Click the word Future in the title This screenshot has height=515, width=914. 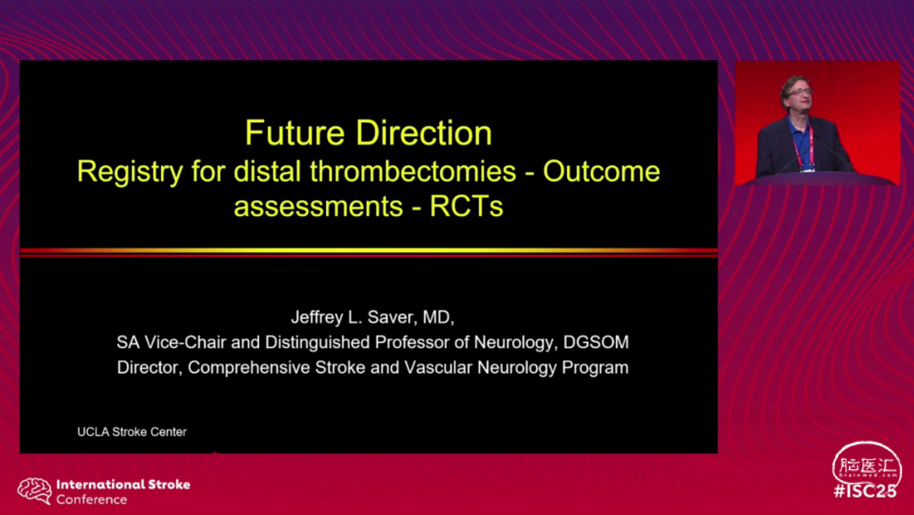(295, 133)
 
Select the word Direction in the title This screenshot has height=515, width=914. (424, 133)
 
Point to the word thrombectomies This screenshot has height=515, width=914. (413, 171)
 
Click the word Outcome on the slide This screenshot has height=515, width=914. (602, 171)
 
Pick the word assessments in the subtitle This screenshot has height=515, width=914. (318, 207)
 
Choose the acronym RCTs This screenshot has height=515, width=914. (466, 207)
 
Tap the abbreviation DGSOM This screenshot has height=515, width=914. (597, 342)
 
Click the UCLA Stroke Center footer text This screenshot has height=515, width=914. (132, 432)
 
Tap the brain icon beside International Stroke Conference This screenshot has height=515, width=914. (35, 491)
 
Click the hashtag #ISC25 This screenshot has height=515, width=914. (865, 491)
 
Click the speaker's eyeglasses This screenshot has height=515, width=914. (799, 92)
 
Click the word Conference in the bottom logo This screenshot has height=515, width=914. (91, 500)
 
